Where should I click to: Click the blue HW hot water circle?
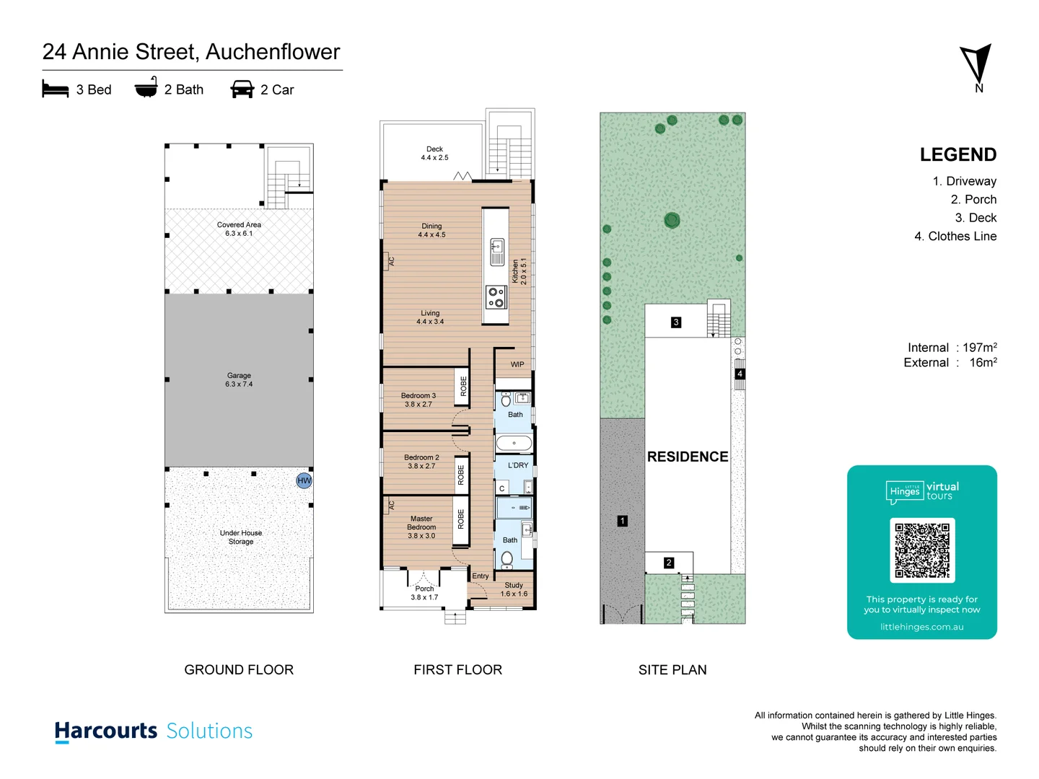click(304, 480)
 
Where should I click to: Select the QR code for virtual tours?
click(922, 550)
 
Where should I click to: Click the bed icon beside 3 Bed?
click(56, 89)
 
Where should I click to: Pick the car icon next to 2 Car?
click(242, 89)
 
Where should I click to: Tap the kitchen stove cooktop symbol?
click(496, 297)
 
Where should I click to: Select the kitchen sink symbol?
click(497, 251)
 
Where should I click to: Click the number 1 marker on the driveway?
click(623, 521)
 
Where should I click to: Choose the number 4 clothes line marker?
click(740, 374)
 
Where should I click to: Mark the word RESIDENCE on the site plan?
click(688, 457)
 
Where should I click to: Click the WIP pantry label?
click(517, 364)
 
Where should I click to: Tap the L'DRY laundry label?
click(518, 465)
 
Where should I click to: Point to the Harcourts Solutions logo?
click(154, 731)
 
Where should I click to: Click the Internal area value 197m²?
click(979, 348)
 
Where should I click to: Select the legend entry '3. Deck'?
click(976, 218)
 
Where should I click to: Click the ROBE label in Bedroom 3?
click(463, 386)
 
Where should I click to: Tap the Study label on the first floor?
click(514, 585)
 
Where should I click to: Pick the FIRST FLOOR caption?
click(457, 669)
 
